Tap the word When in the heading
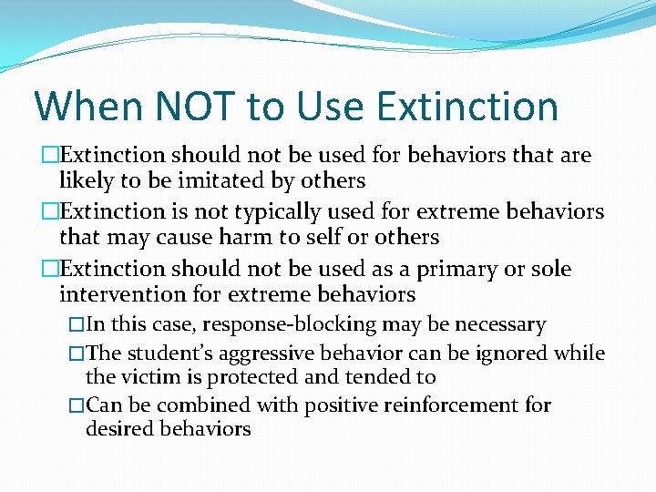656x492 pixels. click(87, 107)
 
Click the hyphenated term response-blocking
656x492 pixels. click(277, 325)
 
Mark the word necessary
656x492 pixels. click(502, 325)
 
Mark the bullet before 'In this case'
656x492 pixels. click(77, 325)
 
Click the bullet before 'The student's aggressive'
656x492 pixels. click(77, 353)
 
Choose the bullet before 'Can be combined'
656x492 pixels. click(77, 405)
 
